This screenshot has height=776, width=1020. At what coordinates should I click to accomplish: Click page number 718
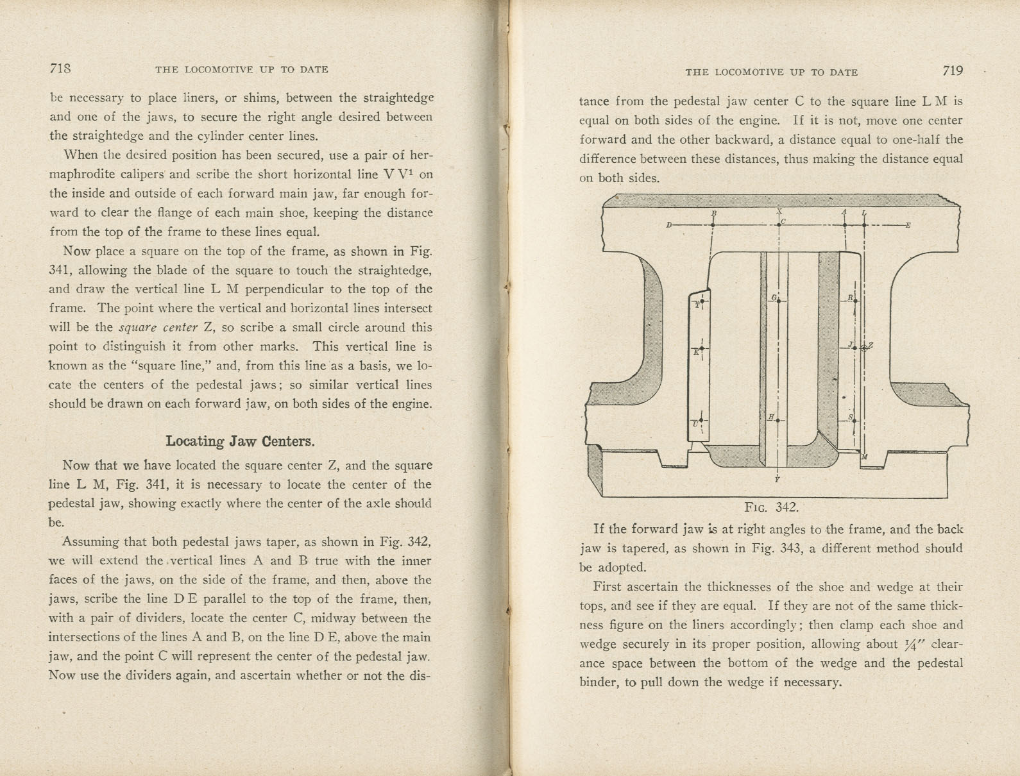(x=60, y=68)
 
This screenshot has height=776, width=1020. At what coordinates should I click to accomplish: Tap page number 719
(x=953, y=71)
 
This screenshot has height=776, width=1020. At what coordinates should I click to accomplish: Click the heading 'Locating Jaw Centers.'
(x=240, y=441)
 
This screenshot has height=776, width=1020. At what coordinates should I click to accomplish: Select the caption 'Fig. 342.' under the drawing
(x=771, y=507)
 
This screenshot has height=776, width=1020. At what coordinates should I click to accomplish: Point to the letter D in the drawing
(x=668, y=225)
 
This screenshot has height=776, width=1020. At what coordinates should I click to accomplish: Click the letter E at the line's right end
(x=908, y=225)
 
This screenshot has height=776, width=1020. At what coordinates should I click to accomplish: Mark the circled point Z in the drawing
(x=864, y=348)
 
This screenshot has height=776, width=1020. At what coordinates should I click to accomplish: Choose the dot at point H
(x=778, y=420)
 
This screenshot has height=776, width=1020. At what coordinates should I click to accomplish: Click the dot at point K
(x=702, y=350)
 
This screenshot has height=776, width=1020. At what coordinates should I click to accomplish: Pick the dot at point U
(x=701, y=421)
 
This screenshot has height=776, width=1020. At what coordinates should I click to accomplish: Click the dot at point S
(x=856, y=420)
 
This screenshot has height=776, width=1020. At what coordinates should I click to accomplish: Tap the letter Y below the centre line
(x=777, y=479)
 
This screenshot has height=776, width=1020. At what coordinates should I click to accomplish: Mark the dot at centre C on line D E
(x=778, y=225)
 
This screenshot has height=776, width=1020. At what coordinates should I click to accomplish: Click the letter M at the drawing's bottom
(x=864, y=457)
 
